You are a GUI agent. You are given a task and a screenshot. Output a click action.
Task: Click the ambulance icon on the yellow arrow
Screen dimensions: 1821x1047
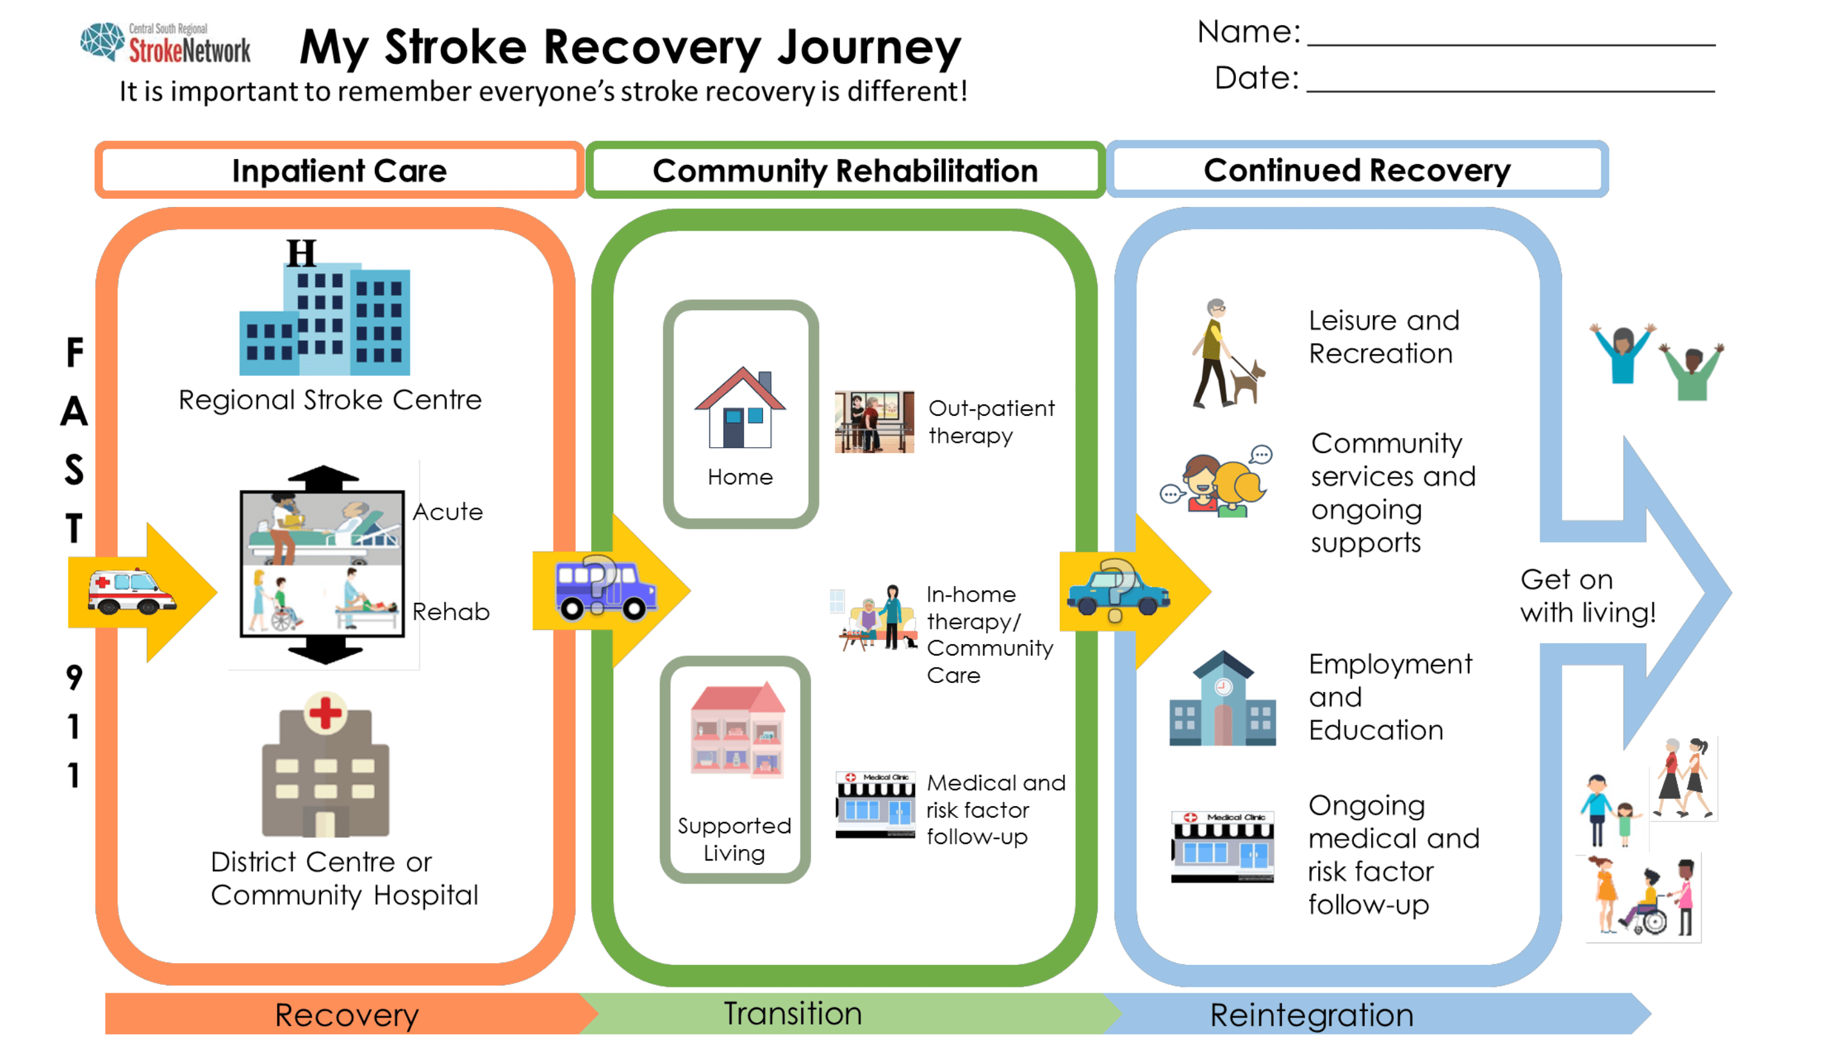(x=131, y=591)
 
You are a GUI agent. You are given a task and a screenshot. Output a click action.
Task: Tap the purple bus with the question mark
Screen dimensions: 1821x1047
(x=606, y=588)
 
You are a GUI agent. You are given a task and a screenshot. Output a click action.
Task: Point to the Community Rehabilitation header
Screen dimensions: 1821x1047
(x=845, y=170)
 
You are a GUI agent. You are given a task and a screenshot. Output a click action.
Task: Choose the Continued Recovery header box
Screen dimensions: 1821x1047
(x=1357, y=170)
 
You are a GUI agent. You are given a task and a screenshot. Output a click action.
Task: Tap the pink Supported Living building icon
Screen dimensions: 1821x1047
(x=737, y=729)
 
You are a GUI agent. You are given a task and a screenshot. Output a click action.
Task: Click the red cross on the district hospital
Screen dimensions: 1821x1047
(x=325, y=712)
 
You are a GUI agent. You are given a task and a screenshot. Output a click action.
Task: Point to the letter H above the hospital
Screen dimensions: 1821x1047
(x=301, y=253)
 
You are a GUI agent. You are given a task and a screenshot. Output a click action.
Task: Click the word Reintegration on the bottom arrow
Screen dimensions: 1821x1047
(x=1312, y=1014)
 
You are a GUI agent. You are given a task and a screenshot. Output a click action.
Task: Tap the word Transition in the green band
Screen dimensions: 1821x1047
(x=792, y=1013)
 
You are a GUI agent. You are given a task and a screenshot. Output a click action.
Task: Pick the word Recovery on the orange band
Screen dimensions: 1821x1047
(x=347, y=1014)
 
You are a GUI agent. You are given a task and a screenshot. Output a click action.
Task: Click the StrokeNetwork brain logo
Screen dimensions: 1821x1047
(x=102, y=41)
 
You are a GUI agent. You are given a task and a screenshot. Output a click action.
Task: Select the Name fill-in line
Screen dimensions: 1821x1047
(x=1511, y=45)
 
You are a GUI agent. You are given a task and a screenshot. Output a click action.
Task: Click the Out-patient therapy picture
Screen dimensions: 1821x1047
(x=874, y=422)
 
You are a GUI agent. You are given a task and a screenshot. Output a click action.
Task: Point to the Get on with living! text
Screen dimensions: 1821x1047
(x=1587, y=595)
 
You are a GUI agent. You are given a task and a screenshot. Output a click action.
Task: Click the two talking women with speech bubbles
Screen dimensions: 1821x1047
(x=1216, y=482)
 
